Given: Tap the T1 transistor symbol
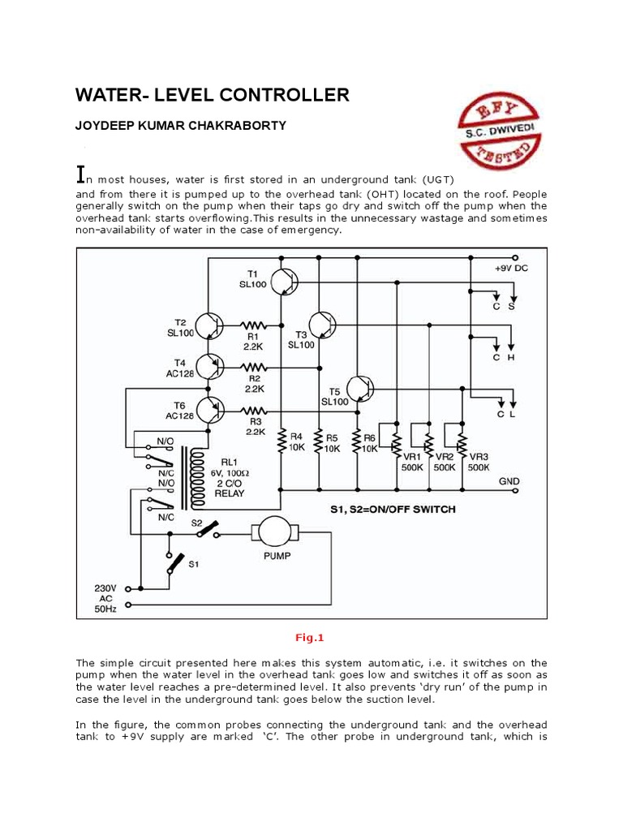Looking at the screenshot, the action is tap(285, 282).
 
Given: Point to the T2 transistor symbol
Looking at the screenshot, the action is tap(210, 325).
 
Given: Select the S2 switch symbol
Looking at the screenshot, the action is tap(213, 531).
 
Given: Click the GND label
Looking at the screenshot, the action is tap(509, 481).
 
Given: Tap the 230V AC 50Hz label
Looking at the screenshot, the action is tap(106, 597).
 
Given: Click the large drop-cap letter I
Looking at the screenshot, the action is tap(80, 174).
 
